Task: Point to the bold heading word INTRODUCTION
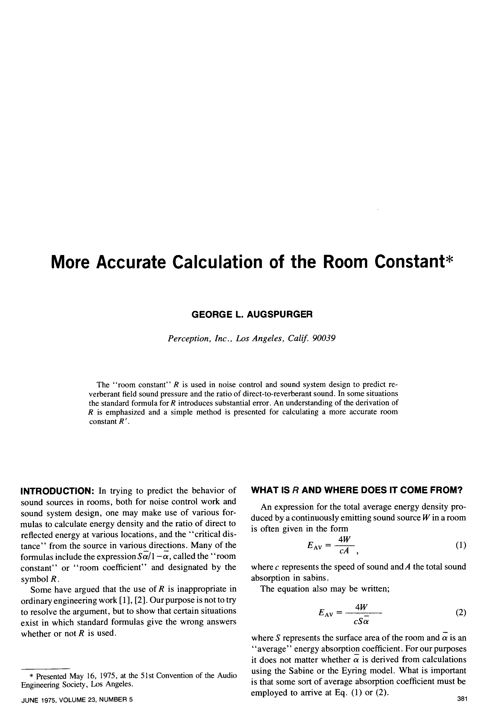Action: tap(57, 490)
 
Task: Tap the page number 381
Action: tap(463, 699)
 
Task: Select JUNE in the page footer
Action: tap(28, 699)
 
